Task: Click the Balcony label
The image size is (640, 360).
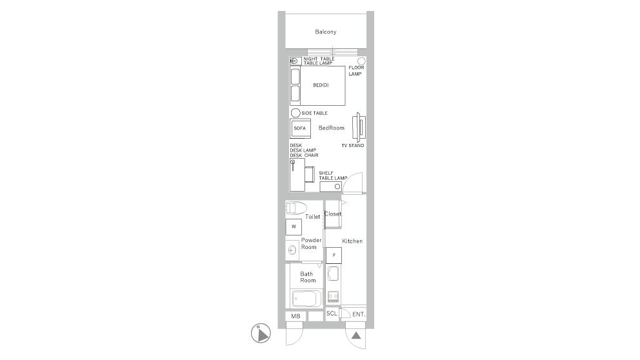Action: (325, 32)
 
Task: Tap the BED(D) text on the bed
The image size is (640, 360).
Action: (321, 85)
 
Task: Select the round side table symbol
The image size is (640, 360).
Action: (295, 113)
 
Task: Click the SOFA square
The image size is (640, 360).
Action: (300, 128)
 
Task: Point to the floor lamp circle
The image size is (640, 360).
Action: (361, 62)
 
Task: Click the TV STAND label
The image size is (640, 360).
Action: (353, 146)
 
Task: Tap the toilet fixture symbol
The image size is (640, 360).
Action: (296, 208)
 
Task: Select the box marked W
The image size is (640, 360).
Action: (294, 227)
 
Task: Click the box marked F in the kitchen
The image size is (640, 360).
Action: (334, 255)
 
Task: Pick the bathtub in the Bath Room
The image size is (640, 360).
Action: (306, 299)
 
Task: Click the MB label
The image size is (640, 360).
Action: (295, 316)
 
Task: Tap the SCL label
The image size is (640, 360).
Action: (332, 314)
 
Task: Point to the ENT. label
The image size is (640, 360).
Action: (359, 314)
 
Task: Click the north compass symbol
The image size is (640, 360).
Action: (261, 333)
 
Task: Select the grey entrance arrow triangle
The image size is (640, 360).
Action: (356, 335)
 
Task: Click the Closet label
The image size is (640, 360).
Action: (333, 214)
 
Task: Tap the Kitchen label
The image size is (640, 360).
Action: (352, 241)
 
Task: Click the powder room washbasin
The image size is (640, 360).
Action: (292, 250)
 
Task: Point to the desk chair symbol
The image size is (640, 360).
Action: (310, 174)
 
